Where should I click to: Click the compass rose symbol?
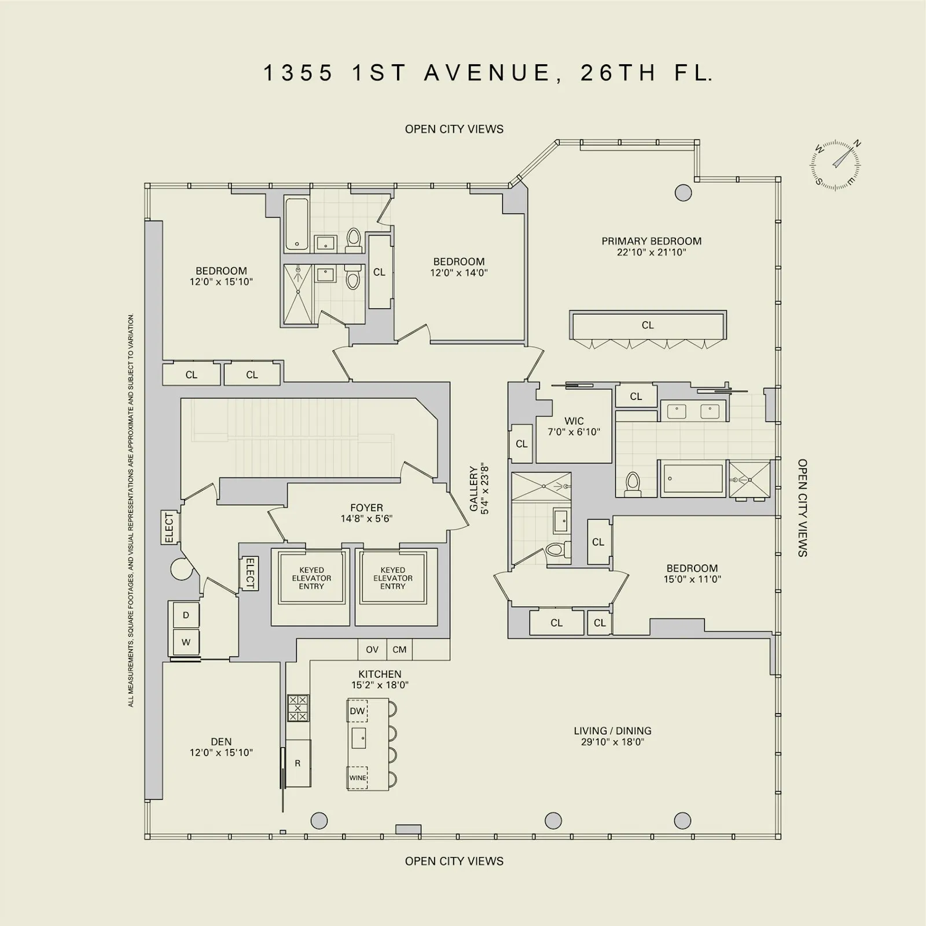coord(835,165)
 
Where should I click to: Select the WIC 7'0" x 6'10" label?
coord(574,426)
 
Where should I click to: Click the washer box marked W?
coord(186,642)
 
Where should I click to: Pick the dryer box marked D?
coord(186,615)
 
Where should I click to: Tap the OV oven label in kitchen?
coord(372,649)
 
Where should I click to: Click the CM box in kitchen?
coord(399,649)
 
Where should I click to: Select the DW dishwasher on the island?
coord(357,711)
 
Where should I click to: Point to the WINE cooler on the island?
coord(358,777)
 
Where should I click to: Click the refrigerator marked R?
coord(298,763)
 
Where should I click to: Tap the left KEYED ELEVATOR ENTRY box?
coord(311,578)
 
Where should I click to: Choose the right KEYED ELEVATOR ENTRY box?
coord(393,578)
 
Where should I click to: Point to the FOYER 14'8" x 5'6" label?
coord(366,513)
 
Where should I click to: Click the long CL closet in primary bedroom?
coord(648,325)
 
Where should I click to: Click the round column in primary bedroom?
coord(683,193)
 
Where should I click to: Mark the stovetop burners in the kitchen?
coord(298,708)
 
